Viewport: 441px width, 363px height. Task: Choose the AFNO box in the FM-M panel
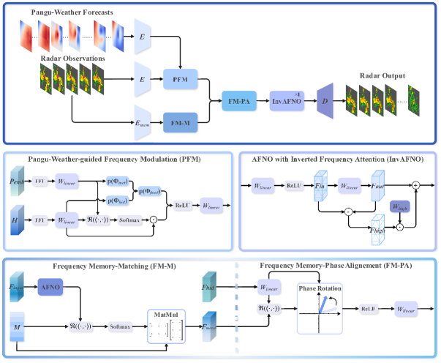(52, 288)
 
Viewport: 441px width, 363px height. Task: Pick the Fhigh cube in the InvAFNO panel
(379, 228)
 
